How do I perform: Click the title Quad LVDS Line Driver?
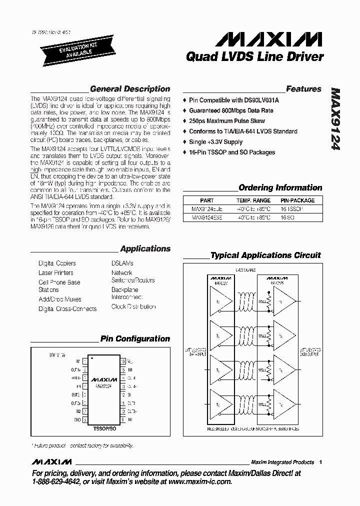(254, 57)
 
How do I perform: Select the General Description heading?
(130, 89)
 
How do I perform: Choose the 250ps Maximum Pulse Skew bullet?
(226, 121)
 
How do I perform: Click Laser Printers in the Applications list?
(55, 273)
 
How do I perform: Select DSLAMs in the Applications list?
(122, 263)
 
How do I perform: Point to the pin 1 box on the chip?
(85, 361)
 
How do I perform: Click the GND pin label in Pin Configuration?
(77, 419)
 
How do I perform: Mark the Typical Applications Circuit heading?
(265, 255)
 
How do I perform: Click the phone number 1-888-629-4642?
(60, 481)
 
